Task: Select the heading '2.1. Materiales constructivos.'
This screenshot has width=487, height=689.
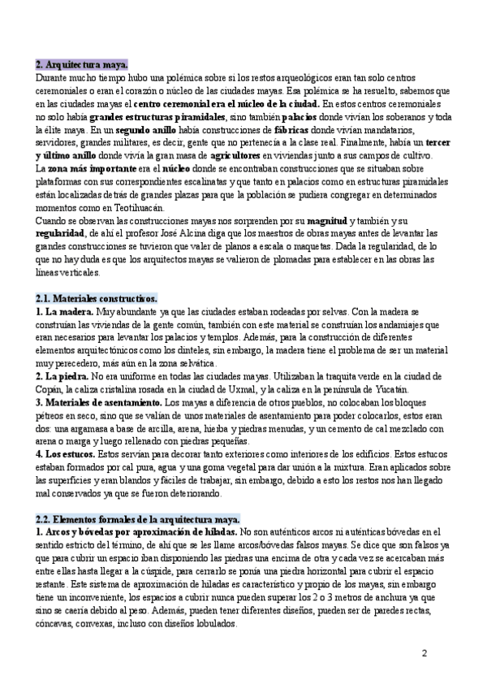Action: coord(97,298)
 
